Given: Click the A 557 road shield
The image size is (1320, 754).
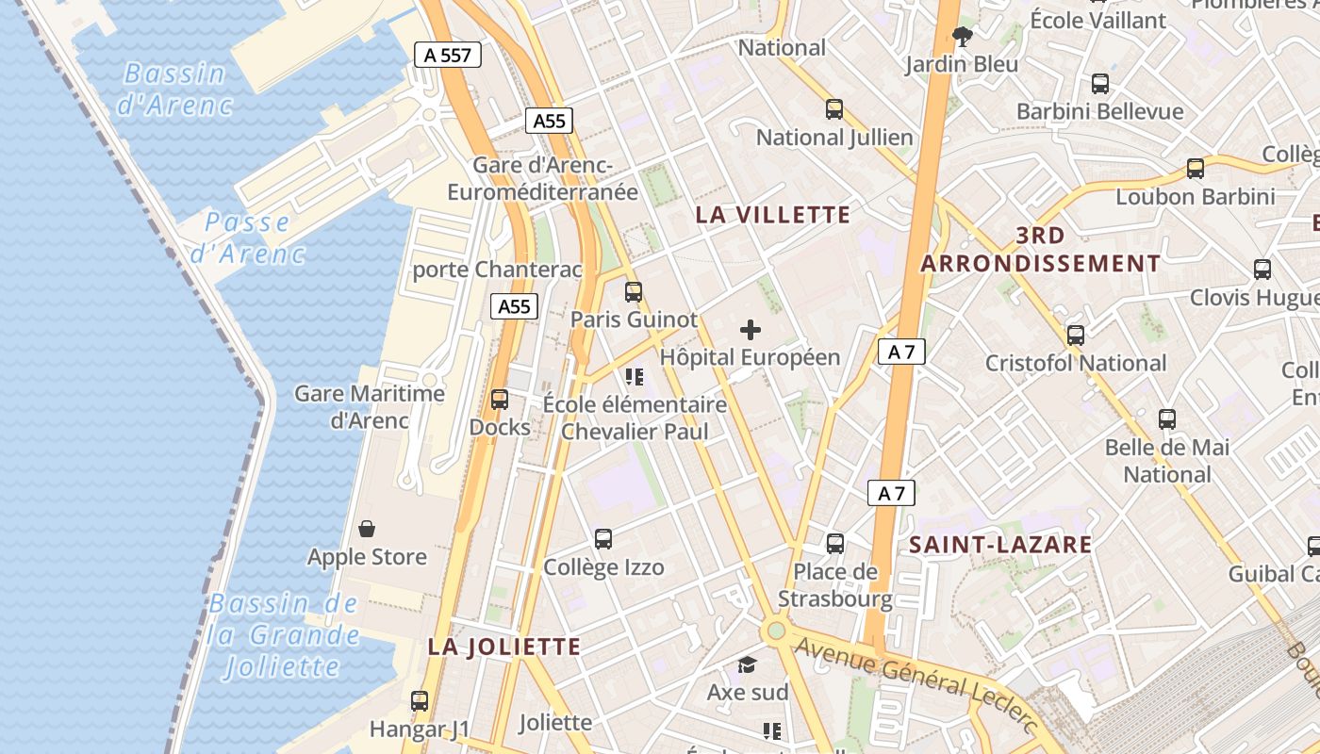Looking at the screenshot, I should (x=448, y=55).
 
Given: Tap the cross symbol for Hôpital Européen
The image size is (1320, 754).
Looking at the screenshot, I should (x=751, y=330).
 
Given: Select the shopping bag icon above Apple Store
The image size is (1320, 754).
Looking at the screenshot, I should (x=367, y=530).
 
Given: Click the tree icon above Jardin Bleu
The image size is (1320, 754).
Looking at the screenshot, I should (x=963, y=37).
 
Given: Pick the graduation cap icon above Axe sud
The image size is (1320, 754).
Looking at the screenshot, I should (x=748, y=665).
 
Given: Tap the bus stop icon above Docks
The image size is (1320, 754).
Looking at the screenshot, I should (x=500, y=400).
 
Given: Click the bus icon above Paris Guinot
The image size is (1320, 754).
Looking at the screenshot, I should (x=634, y=292).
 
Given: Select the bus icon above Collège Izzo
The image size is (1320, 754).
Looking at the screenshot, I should (x=603, y=539).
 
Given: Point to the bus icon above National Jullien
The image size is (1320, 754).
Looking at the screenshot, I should (x=834, y=109).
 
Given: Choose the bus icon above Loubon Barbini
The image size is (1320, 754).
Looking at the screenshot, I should (x=1196, y=169).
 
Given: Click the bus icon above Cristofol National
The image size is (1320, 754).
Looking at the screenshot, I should (x=1076, y=335).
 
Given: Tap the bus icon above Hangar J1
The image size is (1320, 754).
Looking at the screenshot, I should (x=420, y=701).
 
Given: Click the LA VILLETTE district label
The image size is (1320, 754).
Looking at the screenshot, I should (x=773, y=215).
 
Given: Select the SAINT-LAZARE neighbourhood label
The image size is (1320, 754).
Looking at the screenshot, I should (x=1000, y=544).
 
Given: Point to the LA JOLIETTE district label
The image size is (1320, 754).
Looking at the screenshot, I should (x=504, y=647).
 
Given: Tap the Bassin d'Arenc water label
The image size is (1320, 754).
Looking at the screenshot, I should (x=174, y=89).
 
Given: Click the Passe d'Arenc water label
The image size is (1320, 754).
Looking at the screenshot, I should (x=247, y=238).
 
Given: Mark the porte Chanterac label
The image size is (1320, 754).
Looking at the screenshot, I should (x=497, y=270).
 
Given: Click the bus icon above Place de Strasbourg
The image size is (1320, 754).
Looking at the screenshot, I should (x=835, y=544).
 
